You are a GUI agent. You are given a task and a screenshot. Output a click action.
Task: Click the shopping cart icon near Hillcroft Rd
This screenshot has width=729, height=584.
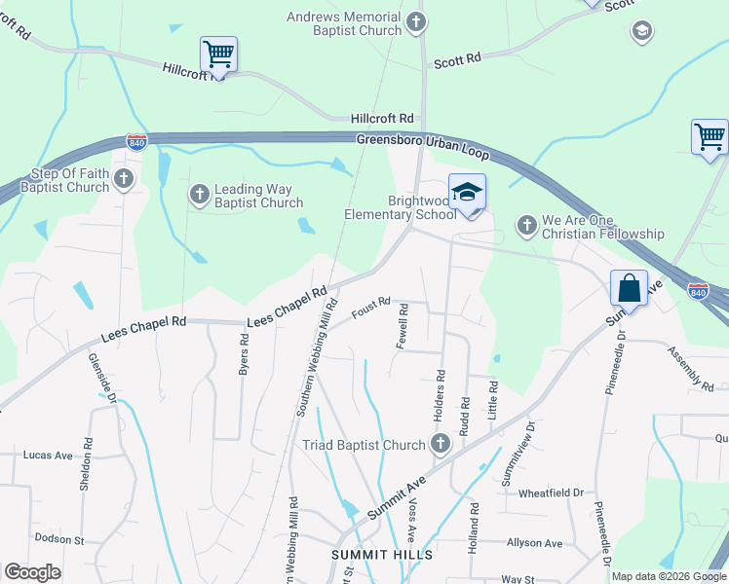[x=218, y=54]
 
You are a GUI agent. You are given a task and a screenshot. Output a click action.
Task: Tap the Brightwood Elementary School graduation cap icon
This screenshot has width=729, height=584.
[x=467, y=191]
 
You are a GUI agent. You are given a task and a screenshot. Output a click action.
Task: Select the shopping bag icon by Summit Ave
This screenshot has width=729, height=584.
[x=629, y=288]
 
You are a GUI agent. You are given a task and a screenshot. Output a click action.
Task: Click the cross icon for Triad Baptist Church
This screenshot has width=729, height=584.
[x=440, y=445]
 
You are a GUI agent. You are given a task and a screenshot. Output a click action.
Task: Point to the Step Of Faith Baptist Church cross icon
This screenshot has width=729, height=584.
[x=123, y=178]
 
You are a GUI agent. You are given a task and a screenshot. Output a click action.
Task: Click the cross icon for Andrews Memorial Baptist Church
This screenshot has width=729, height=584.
[x=416, y=20]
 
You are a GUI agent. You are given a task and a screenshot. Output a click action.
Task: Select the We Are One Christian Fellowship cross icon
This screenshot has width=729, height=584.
[x=526, y=226]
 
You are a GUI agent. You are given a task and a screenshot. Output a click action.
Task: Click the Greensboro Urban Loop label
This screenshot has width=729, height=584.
[x=421, y=147]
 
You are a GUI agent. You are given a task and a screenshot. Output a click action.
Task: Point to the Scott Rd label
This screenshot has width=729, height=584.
[x=457, y=60]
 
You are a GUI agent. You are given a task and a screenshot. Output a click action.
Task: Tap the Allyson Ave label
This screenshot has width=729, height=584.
[x=534, y=542]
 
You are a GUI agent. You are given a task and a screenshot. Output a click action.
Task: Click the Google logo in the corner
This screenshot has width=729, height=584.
[x=32, y=572]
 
